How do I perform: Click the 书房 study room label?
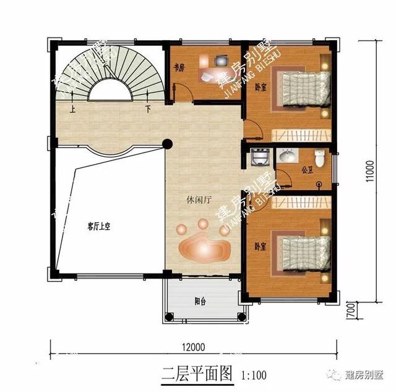click(178, 69)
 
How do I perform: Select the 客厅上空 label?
click(98, 227)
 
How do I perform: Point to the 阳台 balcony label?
click(200, 302)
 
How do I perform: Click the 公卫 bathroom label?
click(306, 168)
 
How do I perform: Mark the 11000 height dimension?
click(369, 172)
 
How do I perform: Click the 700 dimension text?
click(351, 308)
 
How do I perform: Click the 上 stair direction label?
click(73, 111)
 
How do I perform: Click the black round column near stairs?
click(166, 144)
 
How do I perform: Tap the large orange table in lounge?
click(204, 247)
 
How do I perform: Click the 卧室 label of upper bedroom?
click(260, 87)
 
